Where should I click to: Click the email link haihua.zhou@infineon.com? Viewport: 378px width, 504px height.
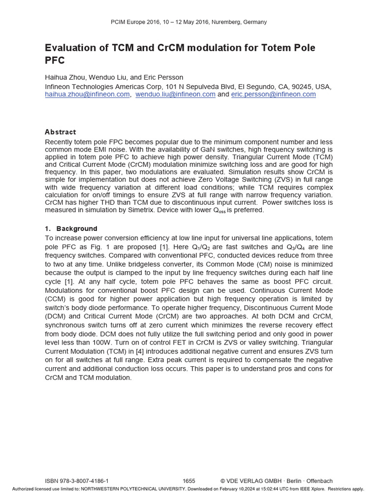[x=87, y=94]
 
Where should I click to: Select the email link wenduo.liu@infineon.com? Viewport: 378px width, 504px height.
[x=175, y=94]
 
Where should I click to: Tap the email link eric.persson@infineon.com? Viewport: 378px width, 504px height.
[x=273, y=94]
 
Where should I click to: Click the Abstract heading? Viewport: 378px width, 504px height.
[x=60, y=132]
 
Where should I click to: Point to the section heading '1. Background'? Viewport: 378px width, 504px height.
[x=71, y=229]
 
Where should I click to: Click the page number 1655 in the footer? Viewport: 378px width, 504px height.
[x=189, y=481]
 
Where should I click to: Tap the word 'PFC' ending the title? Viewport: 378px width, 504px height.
[x=55, y=61]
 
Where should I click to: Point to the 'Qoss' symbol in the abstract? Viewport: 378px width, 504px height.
[x=219, y=211]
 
